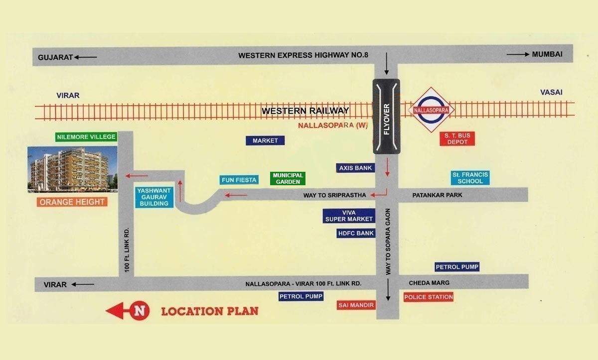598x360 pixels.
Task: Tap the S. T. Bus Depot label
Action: click(x=457, y=139)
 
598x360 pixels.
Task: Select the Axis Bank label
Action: click(x=356, y=168)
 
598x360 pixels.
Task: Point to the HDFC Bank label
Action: click(x=356, y=233)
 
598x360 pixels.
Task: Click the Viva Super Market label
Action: click(x=349, y=216)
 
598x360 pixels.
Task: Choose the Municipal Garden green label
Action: click(x=288, y=179)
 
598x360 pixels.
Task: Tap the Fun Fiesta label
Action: click(x=239, y=180)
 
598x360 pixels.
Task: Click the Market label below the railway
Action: click(x=265, y=141)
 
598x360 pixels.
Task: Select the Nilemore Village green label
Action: click(x=86, y=137)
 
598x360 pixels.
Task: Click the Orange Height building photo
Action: click(x=72, y=169)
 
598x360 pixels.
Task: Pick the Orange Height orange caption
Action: click(x=72, y=202)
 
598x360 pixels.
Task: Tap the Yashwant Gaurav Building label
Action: click(x=154, y=197)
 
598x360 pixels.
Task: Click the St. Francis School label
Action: click(x=470, y=178)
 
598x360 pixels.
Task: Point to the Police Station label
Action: click(x=429, y=297)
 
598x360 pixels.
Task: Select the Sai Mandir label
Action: click(x=356, y=305)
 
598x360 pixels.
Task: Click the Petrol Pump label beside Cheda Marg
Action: click(x=457, y=267)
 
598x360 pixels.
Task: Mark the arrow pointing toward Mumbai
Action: click(x=518, y=54)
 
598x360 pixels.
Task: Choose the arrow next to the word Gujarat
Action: click(x=86, y=57)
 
